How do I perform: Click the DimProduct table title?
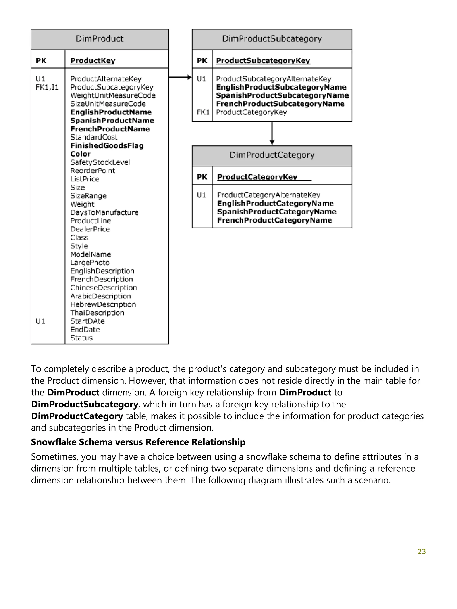pyautogui.click(x=100, y=39)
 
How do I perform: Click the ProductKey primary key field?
pyautogui.click(x=93, y=61)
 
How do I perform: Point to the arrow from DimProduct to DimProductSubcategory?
pyautogui.click(x=180, y=77)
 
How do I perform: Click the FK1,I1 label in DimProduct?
pyautogui.click(x=47, y=87)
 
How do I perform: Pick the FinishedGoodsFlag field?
pyautogui.click(x=107, y=146)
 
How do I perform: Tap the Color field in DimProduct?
pyautogui.click(x=80, y=154)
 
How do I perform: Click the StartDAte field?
pyautogui.click(x=87, y=321)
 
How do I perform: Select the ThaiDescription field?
pyautogui.click(x=97, y=313)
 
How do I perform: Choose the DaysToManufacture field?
pyautogui.click(x=104, y=212)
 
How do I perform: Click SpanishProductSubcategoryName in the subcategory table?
pyautogui.click(x=282, y=96)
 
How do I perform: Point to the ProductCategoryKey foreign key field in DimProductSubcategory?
pyautogui.click(x=251, y=112)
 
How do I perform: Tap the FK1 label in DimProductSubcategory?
pyautogui.click(x=203, y=112)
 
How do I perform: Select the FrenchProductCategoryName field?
pyautogui.click(x=274, y=220)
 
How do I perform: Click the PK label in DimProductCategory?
pyautogui.click(x=202, y=177)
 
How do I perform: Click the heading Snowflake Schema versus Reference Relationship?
pyautogui.click(x=138, y=442)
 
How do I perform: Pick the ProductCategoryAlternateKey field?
pyautogui.click(x=269, y=195)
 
